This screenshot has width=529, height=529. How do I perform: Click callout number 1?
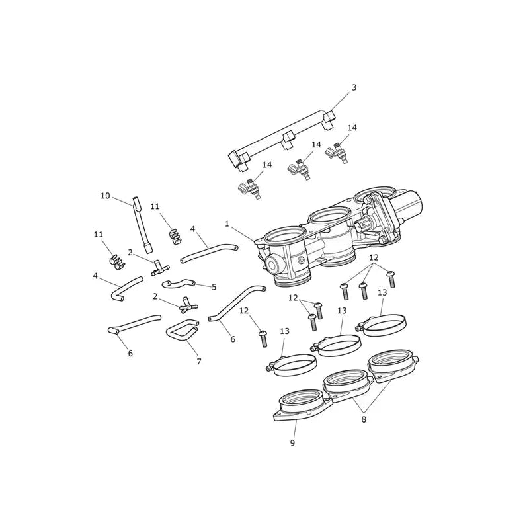pos(227,224)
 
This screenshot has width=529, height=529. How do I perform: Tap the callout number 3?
pos(354,87)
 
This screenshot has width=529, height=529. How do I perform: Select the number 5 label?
pos(214,287)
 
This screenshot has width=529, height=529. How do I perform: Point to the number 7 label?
pos(199,362)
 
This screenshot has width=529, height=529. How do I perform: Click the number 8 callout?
pos(363,419)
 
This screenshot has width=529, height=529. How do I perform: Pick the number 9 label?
pos(292,442)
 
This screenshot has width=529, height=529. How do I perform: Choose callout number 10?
pos(105,196)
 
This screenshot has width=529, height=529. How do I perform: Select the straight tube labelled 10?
pos(142,224)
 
